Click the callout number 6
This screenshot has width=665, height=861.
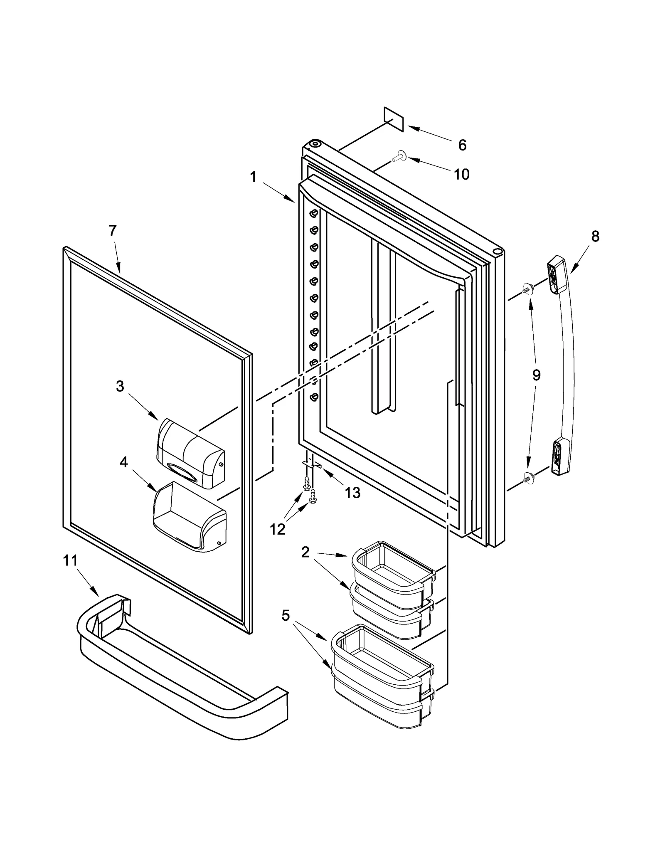click(462, 145)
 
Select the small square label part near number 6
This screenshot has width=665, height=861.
click(394, 119)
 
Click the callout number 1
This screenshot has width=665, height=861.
click(253, 177)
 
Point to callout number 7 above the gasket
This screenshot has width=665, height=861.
click(113, 231)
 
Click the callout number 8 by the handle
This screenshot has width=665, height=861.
click(595, 237)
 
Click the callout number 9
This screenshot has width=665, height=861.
click(537, 375)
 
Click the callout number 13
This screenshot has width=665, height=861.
click(352, 493)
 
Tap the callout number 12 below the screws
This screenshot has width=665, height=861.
click(277, 530)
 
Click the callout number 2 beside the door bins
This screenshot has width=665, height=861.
click(305, 553)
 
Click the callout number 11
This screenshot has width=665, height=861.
click(70, 561)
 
